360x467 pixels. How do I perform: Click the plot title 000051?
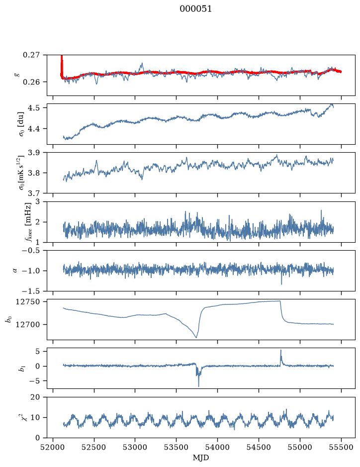coord(195,9)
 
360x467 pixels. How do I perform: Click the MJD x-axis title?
coord(201,458)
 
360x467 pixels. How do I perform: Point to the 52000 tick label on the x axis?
coord(53,447)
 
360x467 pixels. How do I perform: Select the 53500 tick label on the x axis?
coord(177,447)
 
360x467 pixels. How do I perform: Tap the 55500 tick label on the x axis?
coord(341,447)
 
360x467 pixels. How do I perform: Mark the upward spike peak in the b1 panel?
coord(280,350)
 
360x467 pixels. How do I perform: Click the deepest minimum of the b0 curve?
coord(196,337)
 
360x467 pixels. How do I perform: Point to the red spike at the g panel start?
coord(62,64)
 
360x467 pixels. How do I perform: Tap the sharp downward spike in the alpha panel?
coord(281,284)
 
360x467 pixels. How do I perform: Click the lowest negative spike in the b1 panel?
coord(198,386)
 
